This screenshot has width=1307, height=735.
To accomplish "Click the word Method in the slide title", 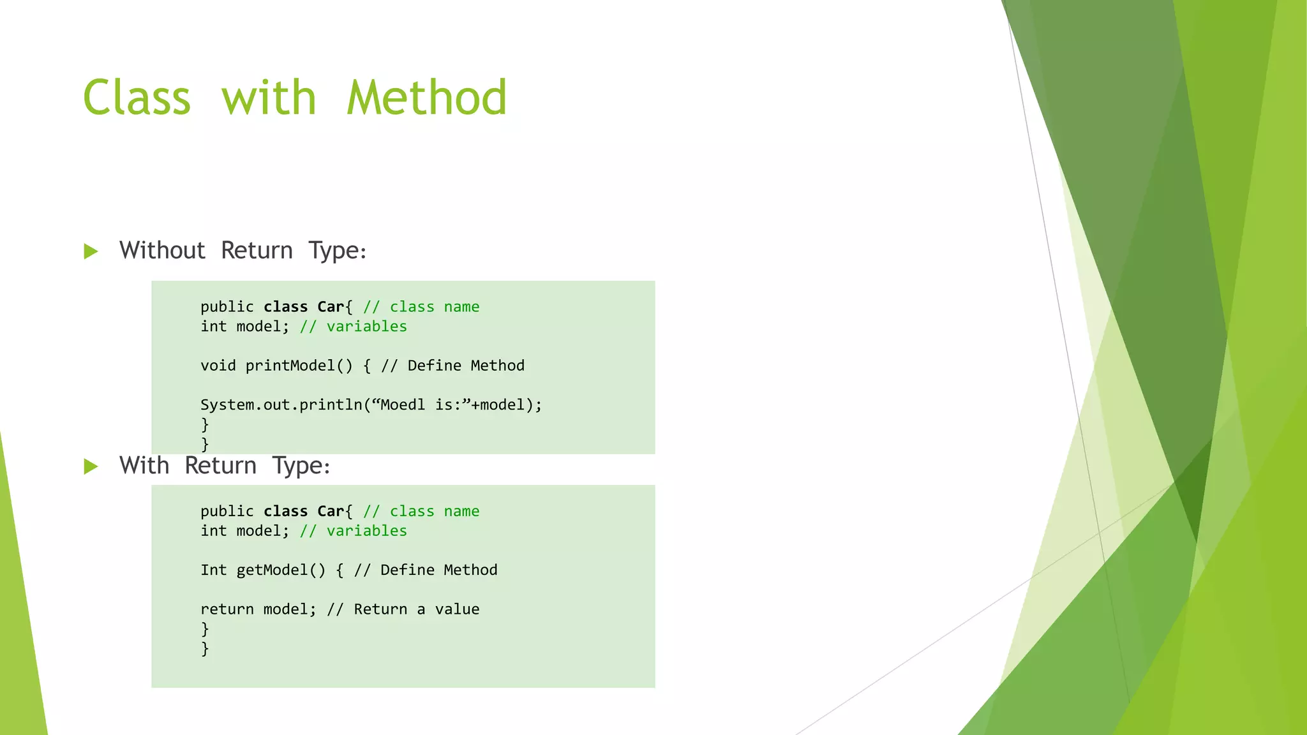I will coord(426,98).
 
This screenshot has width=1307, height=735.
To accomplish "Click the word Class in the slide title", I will coord(137,98).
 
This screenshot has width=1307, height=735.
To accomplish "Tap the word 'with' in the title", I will coord(269,98).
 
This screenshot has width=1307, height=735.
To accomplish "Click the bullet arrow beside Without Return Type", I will coord(91,251).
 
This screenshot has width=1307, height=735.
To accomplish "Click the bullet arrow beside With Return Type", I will coord(91,466).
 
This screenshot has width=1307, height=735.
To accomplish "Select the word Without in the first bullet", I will coord(162,250).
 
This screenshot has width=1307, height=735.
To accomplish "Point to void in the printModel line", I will coord(218,366).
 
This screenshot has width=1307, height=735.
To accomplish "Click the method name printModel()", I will coord(299,366).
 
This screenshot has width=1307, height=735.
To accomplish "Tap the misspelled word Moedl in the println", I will coord(402,405).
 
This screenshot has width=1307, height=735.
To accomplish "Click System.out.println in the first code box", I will coord(281,405).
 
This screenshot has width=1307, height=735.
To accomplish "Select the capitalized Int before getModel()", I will coord(213,570).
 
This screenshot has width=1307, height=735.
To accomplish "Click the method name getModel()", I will coord(281,570).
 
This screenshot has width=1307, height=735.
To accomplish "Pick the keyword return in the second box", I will coord(227,609).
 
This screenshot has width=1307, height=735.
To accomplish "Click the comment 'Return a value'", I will coord(416,609).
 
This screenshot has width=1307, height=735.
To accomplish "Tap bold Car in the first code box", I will coord(331,307).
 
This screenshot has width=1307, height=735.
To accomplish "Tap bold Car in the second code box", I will coord(331,511).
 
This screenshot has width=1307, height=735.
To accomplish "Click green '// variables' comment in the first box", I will coord(353,327).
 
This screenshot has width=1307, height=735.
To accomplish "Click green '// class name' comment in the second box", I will coord(421,511).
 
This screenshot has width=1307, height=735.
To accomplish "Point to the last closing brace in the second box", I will coord(205,649).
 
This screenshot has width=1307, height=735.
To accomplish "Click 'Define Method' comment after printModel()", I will coord(465,366).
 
